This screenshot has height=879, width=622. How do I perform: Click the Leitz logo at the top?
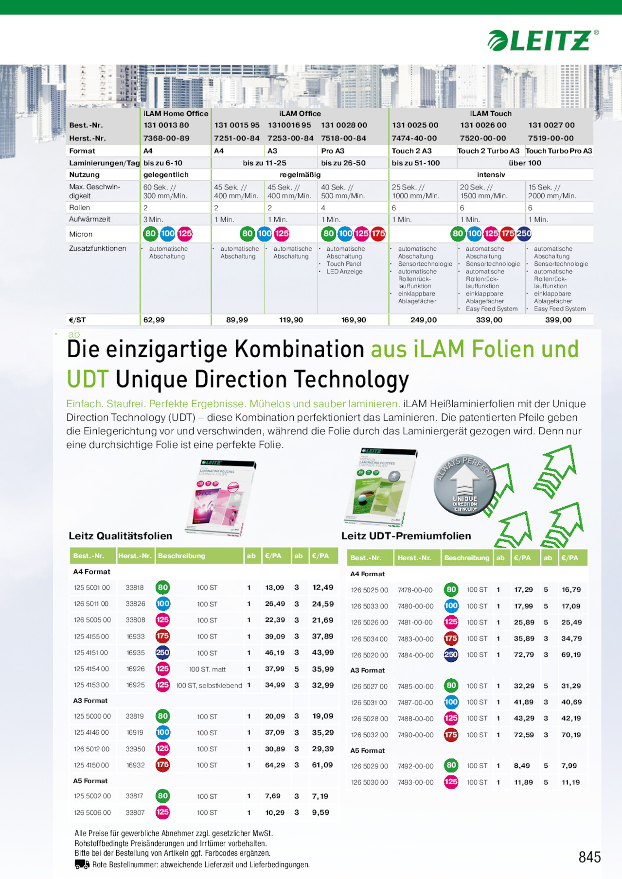[543, 40]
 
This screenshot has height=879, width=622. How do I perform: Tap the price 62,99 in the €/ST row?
[154, 320]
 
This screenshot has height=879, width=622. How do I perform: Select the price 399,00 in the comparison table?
[558, 320]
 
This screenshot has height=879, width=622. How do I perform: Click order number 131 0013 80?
[166, 125]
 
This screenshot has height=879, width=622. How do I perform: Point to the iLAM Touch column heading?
[491, 113]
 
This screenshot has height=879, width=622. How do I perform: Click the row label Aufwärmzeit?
[89, 219]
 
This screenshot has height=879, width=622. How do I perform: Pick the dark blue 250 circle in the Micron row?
[524, 234]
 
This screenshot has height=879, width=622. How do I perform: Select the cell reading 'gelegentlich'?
[166, 174]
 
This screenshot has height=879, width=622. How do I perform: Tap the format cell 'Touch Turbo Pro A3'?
[559, 151]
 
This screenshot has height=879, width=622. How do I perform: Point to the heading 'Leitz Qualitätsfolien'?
[121, 535]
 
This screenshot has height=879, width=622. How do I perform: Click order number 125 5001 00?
[92, 587]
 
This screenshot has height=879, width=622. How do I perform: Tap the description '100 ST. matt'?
[207, 669]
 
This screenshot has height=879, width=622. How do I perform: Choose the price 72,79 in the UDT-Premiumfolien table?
[523, 655]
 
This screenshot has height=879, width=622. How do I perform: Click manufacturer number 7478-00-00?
[415, 590]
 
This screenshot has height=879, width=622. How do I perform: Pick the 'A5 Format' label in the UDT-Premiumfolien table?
[367, 750]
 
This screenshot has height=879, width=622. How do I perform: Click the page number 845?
[589, 857]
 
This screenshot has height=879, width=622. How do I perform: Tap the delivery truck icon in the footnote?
[82, 864]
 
